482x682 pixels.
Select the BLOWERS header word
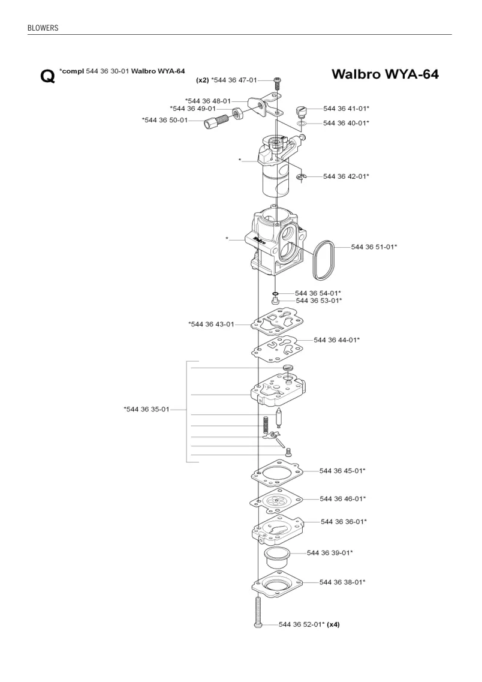point(43,28)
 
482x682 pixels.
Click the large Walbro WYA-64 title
point(385,74)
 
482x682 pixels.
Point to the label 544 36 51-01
point(373,247)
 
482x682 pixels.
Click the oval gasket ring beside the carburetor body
point(324,260)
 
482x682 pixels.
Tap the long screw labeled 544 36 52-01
point(258,611)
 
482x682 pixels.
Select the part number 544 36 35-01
point(146,409)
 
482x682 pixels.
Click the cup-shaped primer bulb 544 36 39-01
point(276,557)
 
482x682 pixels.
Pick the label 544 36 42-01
point(346,176)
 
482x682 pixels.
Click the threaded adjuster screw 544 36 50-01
point(217,121)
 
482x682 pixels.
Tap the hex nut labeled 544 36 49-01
point(238,113)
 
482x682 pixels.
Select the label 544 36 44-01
point(336,340)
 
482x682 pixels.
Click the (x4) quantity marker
point(333,624)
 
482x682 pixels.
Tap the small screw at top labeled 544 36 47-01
point(276,83)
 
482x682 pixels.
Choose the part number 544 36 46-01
point(342,499)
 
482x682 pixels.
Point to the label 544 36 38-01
point(342,582)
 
